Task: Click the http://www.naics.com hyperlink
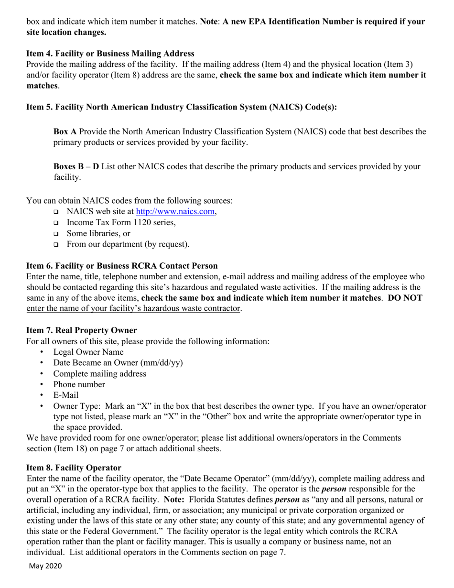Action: pyautogui.click(x=175, y=211)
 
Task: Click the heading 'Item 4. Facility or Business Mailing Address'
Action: pyautogui.click(x=110, y=54)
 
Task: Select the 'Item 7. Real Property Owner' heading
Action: pyautogui.click(x=81, y=330)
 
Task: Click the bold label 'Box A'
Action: pyautogui.click(x=65, y=131)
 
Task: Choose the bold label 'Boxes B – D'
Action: pyautogui.click(x=76, y=166)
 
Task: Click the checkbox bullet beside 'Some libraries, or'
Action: pyautogui.click(x=56, y=234)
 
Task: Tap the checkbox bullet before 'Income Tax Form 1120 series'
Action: pyautogui.click(x=56, y=223)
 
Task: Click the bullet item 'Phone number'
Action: pyautogui.click(x=79, y=384)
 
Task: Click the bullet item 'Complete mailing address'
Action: pyautogui.click(x=99, y=374)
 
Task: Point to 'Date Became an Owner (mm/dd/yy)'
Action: pyautogui.click(x=118, y=363)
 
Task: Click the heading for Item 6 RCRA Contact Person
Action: pyautogui.click(x=122, y=266)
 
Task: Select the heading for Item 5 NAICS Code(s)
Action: pyautogui.click(x=181, y=107)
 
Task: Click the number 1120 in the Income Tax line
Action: pyautogui.click(x=141, y=222)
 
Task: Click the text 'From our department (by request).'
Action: pyautogui.click(x=128, y=244)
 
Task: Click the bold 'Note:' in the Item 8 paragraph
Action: pyautogui.click(x=174, y=500)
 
